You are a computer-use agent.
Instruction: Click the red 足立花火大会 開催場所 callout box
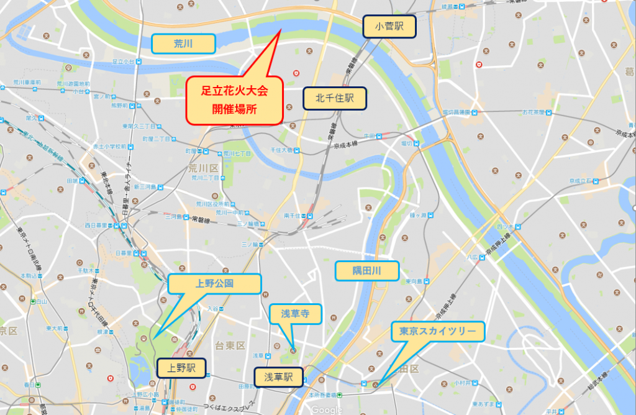[x=235, y=101]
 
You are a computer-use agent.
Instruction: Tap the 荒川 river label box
[x=184, y=43]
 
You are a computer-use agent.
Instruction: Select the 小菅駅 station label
[x=389, y=27]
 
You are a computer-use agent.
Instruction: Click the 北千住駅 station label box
[x=335, y=98]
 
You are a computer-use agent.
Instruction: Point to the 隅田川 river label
[x=366, y=271]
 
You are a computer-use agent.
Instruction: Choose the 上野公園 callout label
[x=214, y=284]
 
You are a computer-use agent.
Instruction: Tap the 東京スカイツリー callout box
[x=438, y=332]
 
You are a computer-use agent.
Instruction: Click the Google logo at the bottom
[x=327, y=409]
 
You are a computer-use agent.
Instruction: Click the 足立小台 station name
[x=123, y=62]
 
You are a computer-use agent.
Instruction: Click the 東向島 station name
[x=414, y=281]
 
